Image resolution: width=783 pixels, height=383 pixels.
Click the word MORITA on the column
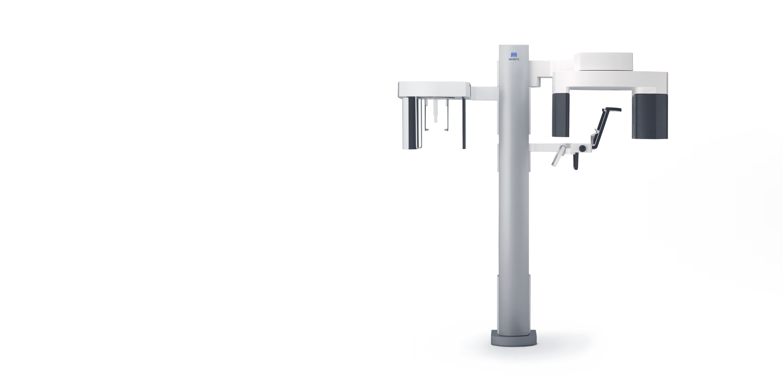(514, 59)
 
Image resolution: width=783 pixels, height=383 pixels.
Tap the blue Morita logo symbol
(514, 54)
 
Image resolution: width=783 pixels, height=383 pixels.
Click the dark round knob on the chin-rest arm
(582, 148)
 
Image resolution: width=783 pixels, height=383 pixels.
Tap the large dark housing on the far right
(650, 116)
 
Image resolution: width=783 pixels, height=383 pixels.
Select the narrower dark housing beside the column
(561, 115)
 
